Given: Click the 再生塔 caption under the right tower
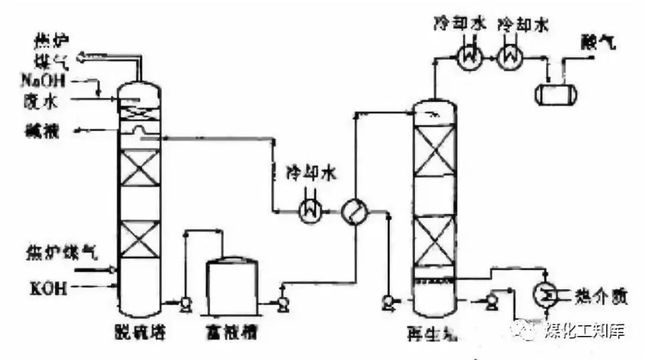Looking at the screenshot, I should [x=432, y=333].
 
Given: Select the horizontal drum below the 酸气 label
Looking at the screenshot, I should [x=555, y=93].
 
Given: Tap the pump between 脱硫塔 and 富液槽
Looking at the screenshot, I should [x=185, y=304].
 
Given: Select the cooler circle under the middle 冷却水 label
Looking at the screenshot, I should [x=310, y=212].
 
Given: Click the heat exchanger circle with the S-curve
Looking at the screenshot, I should [x=353, y=212].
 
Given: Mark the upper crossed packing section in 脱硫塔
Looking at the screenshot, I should [x=140, y=167].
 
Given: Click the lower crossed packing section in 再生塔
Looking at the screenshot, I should [x=434, y=240].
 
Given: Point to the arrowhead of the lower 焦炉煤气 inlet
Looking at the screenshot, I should [x=114, y=270].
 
